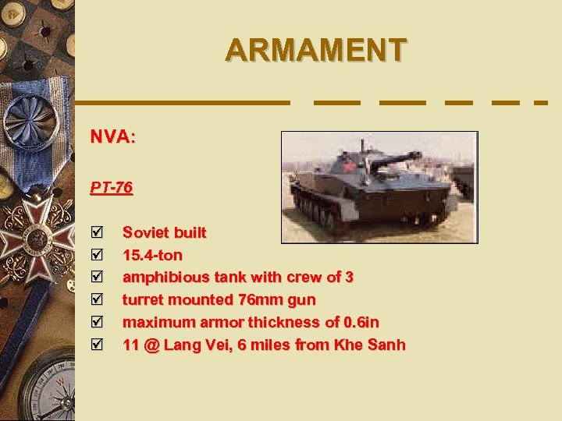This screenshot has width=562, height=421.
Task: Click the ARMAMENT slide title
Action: [x=315, y=49]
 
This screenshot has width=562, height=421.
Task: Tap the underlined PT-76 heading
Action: [x=112, y=188]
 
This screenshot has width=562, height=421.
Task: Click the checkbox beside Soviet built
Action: [x=97, y=232]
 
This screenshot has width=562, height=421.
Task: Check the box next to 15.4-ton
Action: [x=97, y=255]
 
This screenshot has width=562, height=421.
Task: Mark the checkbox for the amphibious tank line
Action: [x=97, y=277]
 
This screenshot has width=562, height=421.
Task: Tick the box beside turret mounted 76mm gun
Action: [x=97, y=299]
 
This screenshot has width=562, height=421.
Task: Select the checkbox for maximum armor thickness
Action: [x=97, y=322]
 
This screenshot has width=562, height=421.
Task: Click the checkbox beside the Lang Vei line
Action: [x=97, y=345]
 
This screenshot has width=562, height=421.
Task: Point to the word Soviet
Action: [x=147, y=232]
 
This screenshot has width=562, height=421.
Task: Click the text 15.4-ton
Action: [x=152, y=255]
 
